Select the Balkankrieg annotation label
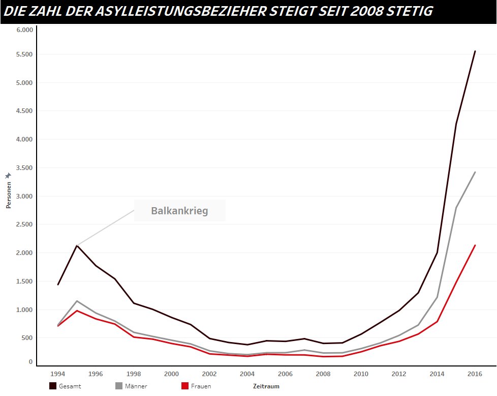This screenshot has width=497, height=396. pos(179,211)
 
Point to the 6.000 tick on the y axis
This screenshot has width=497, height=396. pos(24,30)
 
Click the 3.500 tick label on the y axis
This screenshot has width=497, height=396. pos(24,168)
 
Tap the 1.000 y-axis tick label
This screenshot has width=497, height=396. pos(24,310)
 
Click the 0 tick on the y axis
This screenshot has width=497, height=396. pos(30,362)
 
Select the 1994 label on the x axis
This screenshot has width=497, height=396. pos(58,374)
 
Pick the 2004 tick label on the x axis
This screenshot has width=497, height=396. pos(247,374)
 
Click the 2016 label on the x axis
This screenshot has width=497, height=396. pos(474,374)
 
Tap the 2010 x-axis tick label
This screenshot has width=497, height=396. pos(361,374)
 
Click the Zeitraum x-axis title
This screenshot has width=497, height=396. pos(266,386)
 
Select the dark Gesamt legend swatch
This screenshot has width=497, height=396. pos(53,386)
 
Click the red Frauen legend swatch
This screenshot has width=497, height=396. pos(185,386)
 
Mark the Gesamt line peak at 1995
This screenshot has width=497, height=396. pos(77,245)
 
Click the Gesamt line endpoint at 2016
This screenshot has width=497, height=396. pos(475,51)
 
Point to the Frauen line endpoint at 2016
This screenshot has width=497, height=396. pos(475,245)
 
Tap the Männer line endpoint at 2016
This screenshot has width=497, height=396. pos(475,172)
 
